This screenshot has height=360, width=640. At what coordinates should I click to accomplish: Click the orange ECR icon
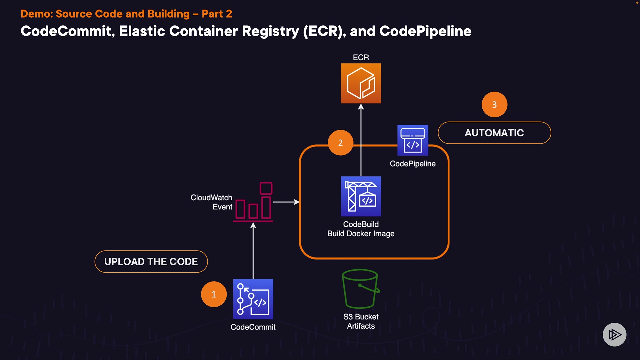tap(361, 83)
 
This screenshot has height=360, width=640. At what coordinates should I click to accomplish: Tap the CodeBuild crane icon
tap(361, 196)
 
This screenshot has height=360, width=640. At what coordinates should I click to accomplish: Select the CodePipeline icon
tap(413, 140)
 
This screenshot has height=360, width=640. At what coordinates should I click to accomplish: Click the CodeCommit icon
tap(253, 299)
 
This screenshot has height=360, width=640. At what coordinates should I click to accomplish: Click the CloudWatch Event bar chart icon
tap(253, 202)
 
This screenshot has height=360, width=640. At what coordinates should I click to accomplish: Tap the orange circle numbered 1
tap(214, 294)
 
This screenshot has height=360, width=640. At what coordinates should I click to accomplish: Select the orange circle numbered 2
tap(340, 143)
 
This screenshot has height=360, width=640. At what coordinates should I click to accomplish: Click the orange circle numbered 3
tap(494, 105)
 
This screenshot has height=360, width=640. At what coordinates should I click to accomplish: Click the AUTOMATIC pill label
tap(494, 133)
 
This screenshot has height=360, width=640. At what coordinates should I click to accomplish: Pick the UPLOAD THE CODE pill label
tap(151, 262)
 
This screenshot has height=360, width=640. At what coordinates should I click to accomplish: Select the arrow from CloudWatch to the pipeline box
tap(286, 202)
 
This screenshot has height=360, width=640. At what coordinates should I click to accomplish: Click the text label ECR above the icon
tap(361, 57)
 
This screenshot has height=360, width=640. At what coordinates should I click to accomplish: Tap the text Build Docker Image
tap(361, 234)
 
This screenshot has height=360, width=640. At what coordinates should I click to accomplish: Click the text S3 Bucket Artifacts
tap(361, 321)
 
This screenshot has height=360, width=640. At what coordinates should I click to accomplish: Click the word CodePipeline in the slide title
tap(425, 31)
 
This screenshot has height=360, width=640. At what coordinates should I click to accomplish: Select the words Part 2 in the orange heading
tap(217, 14)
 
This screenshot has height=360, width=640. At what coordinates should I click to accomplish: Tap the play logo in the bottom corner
tap(614, 334)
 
